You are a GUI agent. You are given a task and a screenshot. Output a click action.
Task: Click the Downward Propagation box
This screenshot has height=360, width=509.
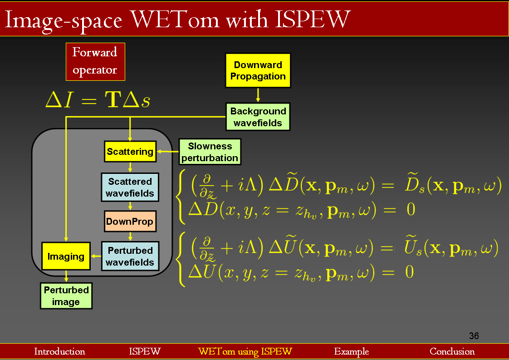pos(258,70)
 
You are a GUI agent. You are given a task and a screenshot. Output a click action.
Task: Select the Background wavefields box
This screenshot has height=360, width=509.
pos(258,117)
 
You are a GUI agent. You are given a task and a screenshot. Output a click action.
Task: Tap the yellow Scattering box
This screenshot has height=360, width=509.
pos(130,152)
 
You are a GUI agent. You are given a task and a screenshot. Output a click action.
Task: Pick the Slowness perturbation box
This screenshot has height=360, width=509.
pos(210,152)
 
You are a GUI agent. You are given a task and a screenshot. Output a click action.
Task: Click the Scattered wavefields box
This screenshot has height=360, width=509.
pos(130,187)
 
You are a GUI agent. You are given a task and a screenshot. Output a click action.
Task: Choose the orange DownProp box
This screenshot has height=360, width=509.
pos(130,222)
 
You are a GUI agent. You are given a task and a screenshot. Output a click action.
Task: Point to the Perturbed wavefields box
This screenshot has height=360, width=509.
pos(130,256)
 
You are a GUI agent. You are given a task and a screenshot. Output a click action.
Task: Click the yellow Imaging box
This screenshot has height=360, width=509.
pos(66,256)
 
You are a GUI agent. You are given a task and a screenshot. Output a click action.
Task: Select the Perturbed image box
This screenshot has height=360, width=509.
pos(66,296)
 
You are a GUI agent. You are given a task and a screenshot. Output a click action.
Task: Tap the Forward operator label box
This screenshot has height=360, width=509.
pos(95,61)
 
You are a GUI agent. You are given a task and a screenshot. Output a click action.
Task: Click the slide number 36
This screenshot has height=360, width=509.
pos(474,336)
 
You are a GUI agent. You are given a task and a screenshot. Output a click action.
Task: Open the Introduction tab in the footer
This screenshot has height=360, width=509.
pos(59,352)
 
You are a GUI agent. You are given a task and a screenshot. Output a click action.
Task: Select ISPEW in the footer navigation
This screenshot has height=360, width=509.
pos(145,352)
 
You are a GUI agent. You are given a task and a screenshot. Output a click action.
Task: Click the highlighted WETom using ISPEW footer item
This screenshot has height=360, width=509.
pos(245,352)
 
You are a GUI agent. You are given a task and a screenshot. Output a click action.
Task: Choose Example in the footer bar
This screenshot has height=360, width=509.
pos(352,352)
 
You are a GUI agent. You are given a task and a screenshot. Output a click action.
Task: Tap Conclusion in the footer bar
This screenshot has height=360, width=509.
pos(452,352)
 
